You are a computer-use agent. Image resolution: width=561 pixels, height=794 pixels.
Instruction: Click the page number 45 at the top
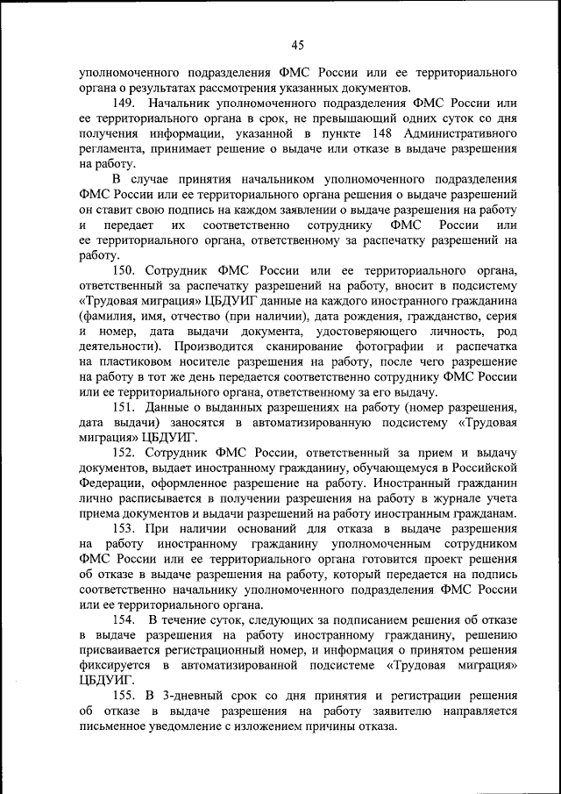click(x=296, y=45)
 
